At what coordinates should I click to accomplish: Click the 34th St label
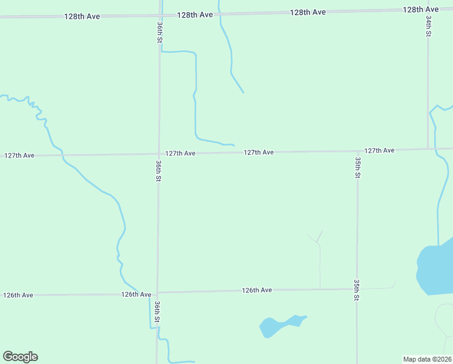[428, 27]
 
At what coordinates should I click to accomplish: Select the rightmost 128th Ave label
[421, 10]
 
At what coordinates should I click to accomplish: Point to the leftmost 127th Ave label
[19, 156]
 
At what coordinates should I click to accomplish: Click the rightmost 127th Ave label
[380, 150]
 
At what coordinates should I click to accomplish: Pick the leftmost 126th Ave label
[18, 295]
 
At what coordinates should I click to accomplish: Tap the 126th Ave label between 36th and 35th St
[257, 291]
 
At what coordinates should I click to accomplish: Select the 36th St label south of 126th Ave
[157, 311]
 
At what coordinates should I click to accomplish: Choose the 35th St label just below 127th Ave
[357, 167]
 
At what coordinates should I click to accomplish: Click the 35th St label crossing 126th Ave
[357, 290]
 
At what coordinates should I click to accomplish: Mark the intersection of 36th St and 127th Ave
[159, 154]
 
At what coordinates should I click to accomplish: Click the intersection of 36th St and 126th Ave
[157, 293]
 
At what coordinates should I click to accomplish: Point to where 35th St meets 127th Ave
[357, 151]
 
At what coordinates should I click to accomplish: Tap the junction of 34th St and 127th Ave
[428, 149]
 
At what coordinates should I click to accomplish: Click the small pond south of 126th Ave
[279, 325]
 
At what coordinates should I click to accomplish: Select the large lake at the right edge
[436, 267]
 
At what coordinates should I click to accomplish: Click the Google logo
[20, 357]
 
